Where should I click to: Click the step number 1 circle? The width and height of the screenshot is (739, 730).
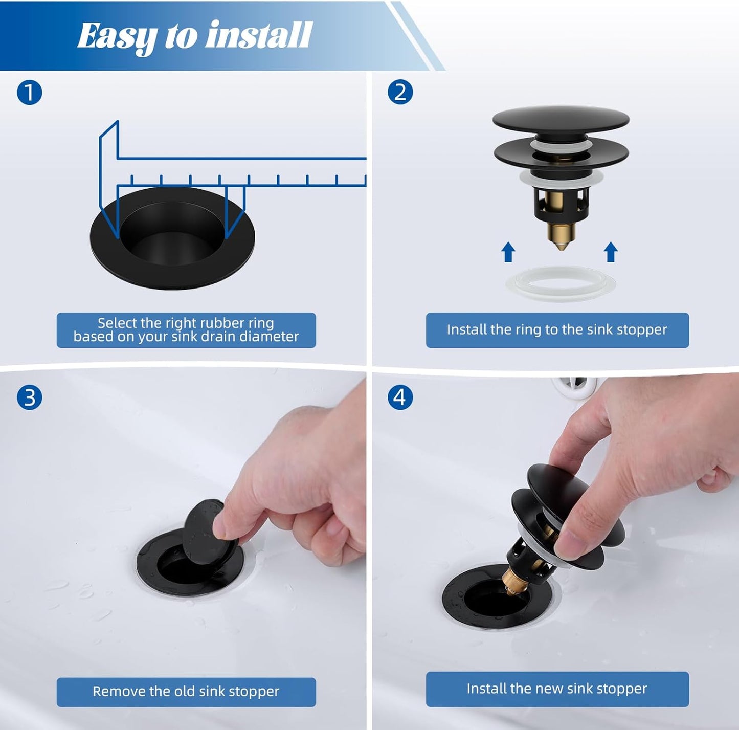[x=29, y=93]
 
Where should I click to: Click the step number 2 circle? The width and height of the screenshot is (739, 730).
[x=400, y=93]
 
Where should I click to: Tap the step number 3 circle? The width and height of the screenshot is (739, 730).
[x=29, y=397]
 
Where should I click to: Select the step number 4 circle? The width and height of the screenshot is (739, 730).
[x=400, y=397]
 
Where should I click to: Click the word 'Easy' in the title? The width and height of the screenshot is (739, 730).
[x=117, y=36]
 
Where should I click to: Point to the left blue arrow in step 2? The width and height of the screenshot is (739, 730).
[x=508, y=252]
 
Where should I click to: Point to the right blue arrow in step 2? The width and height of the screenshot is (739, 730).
[x=611, y=252]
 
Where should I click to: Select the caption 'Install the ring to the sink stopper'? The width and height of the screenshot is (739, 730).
[x=557, y=330]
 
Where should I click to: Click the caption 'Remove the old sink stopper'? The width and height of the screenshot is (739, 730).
[x=186, y=692]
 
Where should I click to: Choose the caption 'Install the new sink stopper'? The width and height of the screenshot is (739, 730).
[x=557, y=689]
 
